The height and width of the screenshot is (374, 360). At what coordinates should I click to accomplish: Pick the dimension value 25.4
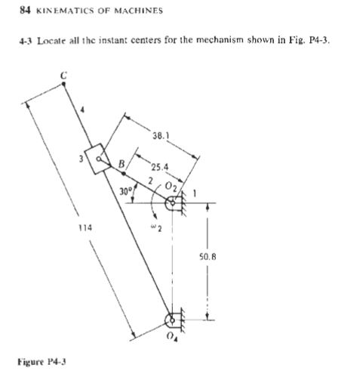pos(159,166)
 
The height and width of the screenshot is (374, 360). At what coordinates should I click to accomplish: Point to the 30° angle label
pos(126,190)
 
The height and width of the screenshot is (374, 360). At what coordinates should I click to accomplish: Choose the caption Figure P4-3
pos(38,360)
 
